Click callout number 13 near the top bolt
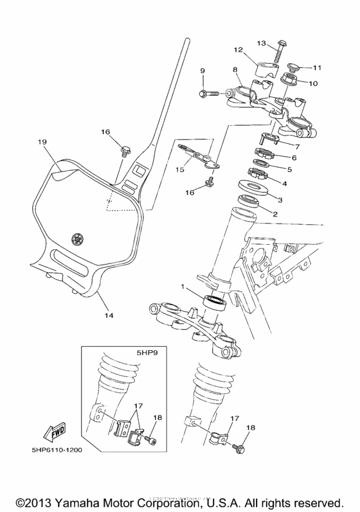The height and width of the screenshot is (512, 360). click(262, 43)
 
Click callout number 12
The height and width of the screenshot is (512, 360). click(238, 49)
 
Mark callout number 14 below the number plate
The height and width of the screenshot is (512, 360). click(109, 315)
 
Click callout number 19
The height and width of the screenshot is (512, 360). click(42, 141)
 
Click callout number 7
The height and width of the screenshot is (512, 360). click(297, 146)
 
